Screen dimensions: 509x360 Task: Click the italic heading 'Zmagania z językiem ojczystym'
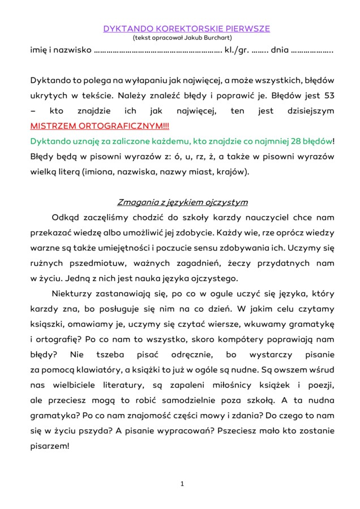tap(182, 202)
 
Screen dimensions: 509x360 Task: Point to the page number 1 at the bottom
tap(182, 484)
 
